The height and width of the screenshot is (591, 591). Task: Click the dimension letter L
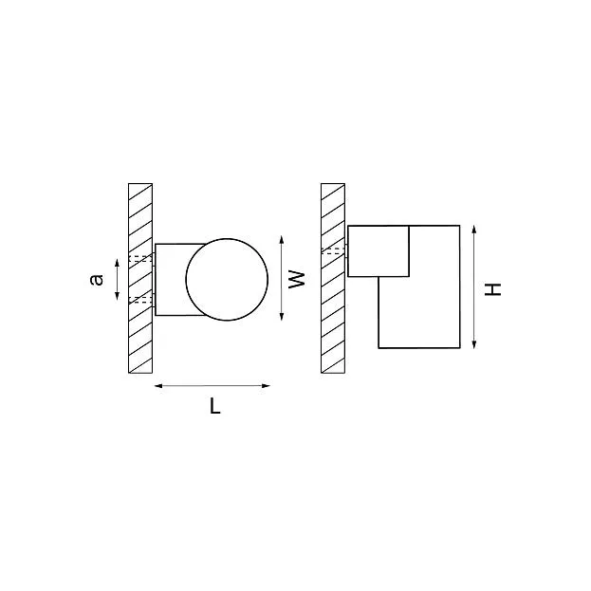tap(214, 406)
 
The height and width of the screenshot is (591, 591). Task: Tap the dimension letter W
tap(297, 279)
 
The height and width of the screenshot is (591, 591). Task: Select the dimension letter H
tap(492, 289)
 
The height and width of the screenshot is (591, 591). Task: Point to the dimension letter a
tap(97, 279)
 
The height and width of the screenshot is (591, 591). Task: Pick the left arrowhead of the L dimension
tap(158, 385)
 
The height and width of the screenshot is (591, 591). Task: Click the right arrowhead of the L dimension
tap(267, 385)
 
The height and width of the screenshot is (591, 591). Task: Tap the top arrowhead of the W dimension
tap(282, 240)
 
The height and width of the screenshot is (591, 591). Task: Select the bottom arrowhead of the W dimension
tap(282, 316)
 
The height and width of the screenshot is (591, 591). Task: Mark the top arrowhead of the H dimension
tap(474, 230)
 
